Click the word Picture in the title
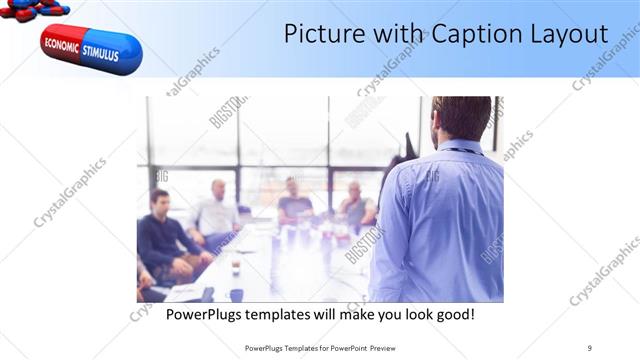(x=319, y=33)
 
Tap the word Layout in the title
(x=566, y=34)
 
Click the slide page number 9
(x=590, y=347)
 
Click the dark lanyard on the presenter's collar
(x=462, y=151)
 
